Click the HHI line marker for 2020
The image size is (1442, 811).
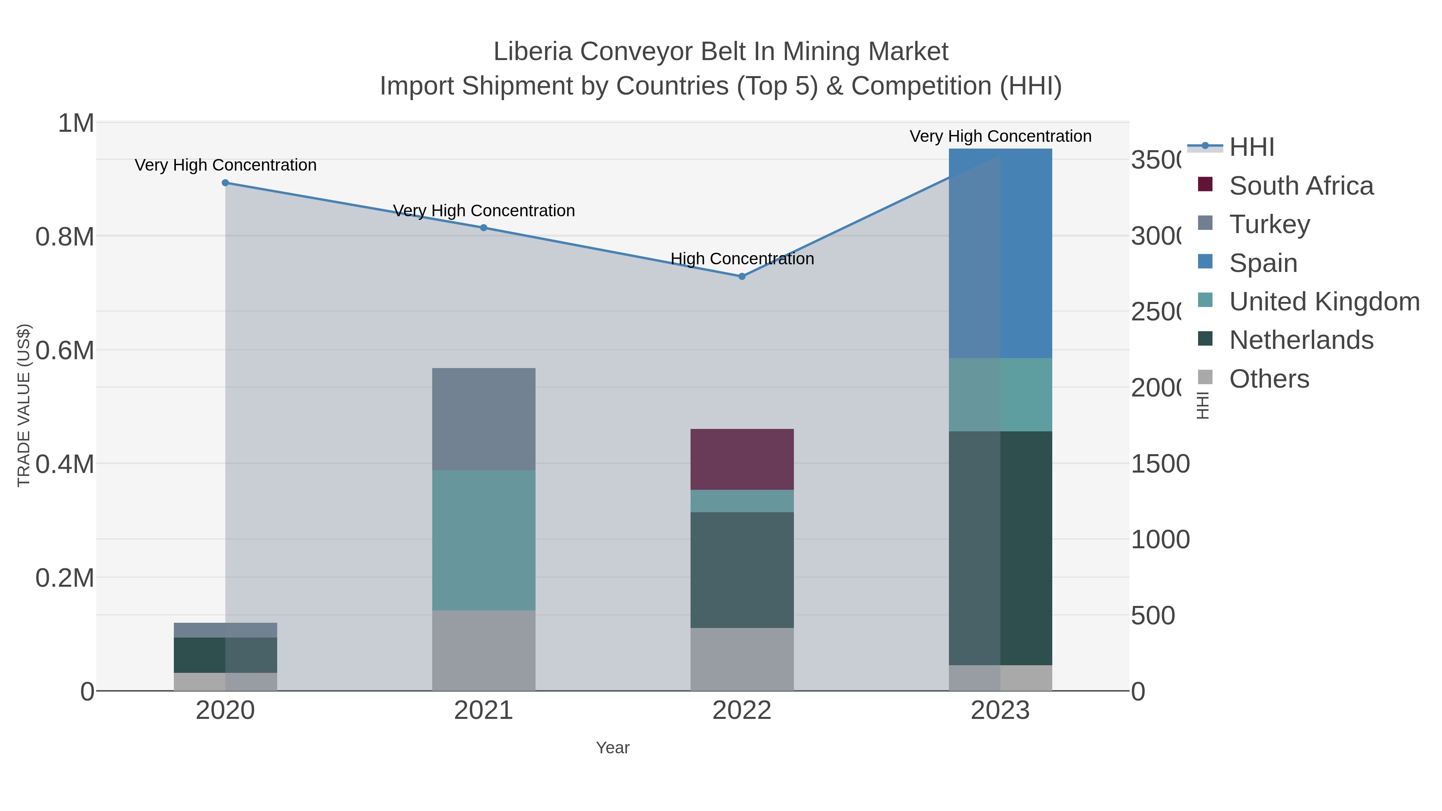pyautogui.click(x=225, y=183)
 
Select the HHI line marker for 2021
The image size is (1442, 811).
pyautogui.click(x=483, y=228)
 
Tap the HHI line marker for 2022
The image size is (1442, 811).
pyautogui.click(x=742, y=276)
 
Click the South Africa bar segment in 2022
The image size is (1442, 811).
pyautogui.click(x=742, y=459)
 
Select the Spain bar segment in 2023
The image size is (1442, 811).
pyautogui.click(x=1000, y=253)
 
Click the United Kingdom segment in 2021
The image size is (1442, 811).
pyautogui.click(x=483, y=540)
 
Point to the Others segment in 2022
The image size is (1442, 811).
pyautogui.click(x=742, y=659)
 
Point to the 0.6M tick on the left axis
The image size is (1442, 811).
pyautogui.click(x=65, y=351)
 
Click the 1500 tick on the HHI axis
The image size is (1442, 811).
pyautogui.click(x=1160, y=464)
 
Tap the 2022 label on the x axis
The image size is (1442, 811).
pyautogui.click(x=742, y=711)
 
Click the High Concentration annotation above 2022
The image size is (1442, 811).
pyautogui.click(x=742, y=259)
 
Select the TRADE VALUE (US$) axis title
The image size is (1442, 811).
pyautogui.click(x=24, y=405)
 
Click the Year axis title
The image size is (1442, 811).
pyautogui.click(x=612, y=748)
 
